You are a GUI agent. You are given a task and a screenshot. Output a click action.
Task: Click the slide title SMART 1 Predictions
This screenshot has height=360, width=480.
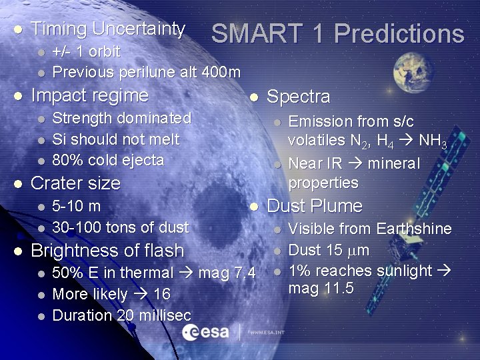click(337, 34)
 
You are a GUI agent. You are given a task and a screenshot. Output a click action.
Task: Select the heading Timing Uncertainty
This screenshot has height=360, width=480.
click(108, 29)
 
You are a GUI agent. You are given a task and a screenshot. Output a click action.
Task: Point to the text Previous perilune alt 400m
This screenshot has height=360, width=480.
click(146, 71)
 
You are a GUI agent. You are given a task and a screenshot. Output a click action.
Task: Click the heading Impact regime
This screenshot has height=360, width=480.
click(89, 95)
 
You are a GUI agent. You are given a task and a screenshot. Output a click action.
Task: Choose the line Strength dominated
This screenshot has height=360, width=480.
click(121, 119)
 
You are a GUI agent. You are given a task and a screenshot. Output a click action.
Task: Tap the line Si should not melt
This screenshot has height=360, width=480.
click(115, 139)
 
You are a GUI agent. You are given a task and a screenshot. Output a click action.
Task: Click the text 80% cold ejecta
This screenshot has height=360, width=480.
click(108, 160)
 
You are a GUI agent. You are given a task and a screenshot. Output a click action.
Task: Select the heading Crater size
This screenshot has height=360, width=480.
click(75, 183)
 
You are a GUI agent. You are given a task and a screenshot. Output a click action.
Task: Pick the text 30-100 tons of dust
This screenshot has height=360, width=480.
click(120, 227)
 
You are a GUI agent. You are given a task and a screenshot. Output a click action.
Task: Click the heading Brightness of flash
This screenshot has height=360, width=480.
click(107, 251)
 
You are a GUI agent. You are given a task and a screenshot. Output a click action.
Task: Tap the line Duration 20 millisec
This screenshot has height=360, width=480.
click(121, 315)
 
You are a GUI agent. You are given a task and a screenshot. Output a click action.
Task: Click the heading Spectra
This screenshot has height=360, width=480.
click(298, 97)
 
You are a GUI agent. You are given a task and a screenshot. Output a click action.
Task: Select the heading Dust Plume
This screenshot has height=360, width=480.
click(314, 206)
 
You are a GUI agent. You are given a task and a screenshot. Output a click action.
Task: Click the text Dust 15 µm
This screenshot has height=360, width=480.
click(328, 251)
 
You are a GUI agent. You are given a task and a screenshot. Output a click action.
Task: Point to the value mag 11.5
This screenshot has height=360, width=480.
click(320, 289)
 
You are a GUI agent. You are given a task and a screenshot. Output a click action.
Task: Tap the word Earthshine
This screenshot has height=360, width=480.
click(413, 229)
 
